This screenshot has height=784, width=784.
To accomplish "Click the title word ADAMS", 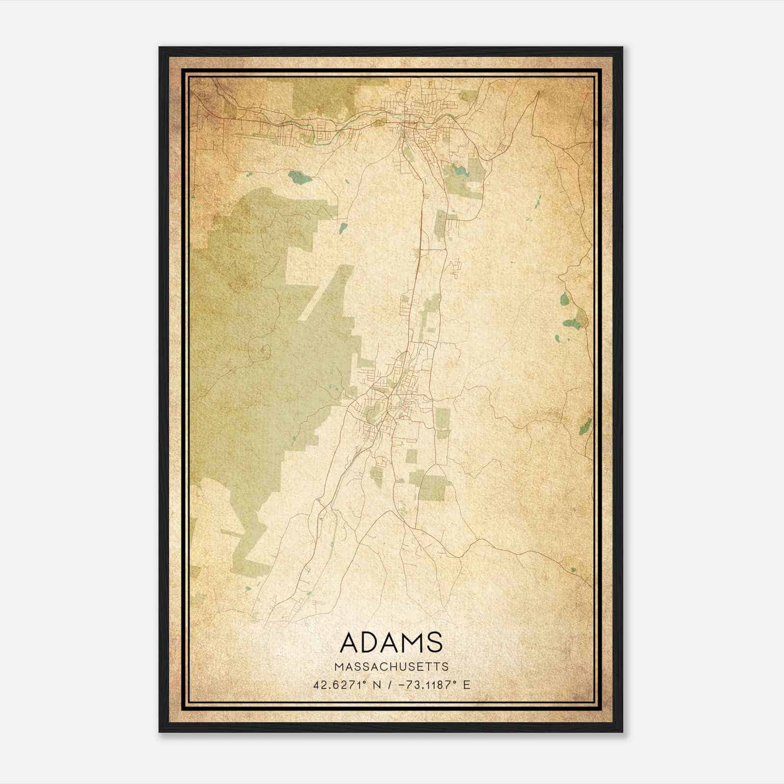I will [x=391, y=642].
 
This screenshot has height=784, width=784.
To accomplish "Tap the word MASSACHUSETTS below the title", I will [x=391, y=667].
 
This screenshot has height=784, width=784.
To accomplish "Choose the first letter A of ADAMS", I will [x=349, y=642].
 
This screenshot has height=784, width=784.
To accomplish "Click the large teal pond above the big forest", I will [x=299, y=177].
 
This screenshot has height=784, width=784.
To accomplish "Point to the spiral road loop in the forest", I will [x=265, y=350].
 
